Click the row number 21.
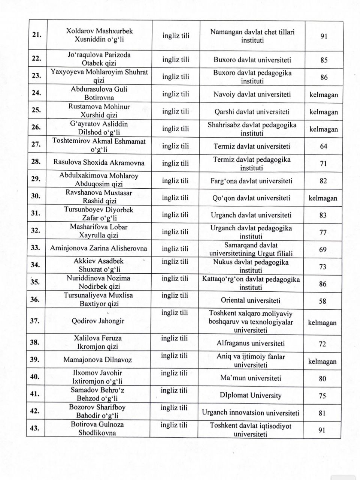(36, 35)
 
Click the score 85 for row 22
(324, 60)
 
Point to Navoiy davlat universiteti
(252, 94)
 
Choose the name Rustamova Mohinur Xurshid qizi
(99, 111)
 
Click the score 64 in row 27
(323, 146)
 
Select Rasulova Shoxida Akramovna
(99, 163)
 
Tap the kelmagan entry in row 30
(323, 198)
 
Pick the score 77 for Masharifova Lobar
(323, 232)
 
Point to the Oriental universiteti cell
(251, 300)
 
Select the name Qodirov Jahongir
(98, 321)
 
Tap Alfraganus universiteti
(251, 343)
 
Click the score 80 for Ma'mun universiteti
(322, 379)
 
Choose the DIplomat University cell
(250, 396)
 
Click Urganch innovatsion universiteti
(250, 413)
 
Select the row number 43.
(35, 428)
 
